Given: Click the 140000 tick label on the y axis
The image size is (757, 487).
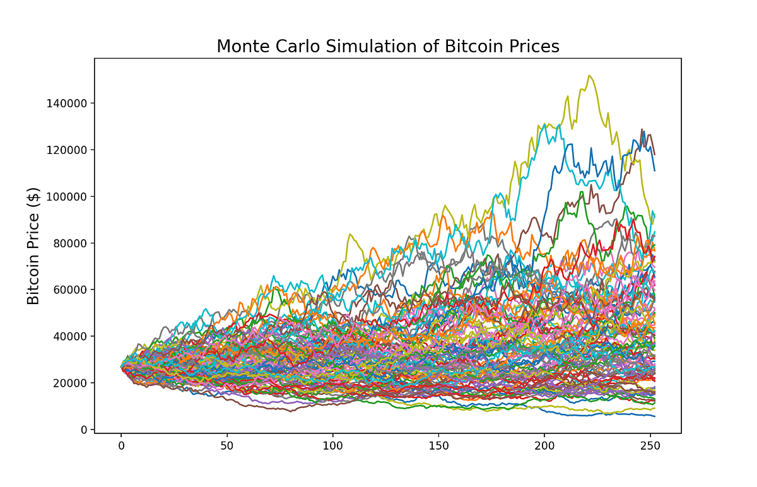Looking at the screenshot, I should pos(67,103).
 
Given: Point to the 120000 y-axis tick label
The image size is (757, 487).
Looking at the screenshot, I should pos(67,150).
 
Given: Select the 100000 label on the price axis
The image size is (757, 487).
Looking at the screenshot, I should pos(67,196).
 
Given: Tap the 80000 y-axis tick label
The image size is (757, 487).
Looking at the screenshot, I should pos(69,243).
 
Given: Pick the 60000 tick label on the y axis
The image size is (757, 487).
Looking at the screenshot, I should pos(69,290).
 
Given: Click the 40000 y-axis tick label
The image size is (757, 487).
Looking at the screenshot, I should pos(69,336).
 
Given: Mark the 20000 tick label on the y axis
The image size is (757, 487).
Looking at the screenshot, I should pos(69,383).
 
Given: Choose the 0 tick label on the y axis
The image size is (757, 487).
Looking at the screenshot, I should pos(83,430).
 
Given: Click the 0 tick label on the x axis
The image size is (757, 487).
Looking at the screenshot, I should pos(121,445).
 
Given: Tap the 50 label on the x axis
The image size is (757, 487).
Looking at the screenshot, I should pos(226,445).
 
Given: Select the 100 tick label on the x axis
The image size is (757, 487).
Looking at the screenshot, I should pos(332,445).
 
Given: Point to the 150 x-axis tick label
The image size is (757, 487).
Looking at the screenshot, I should pos(438,445).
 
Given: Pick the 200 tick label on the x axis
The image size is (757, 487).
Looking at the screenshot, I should pos(544,445).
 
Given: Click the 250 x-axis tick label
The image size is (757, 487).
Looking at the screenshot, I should pos(650,445).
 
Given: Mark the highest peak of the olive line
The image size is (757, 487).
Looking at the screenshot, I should pos(589,76).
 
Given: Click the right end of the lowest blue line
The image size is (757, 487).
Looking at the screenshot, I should pos(655,416).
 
